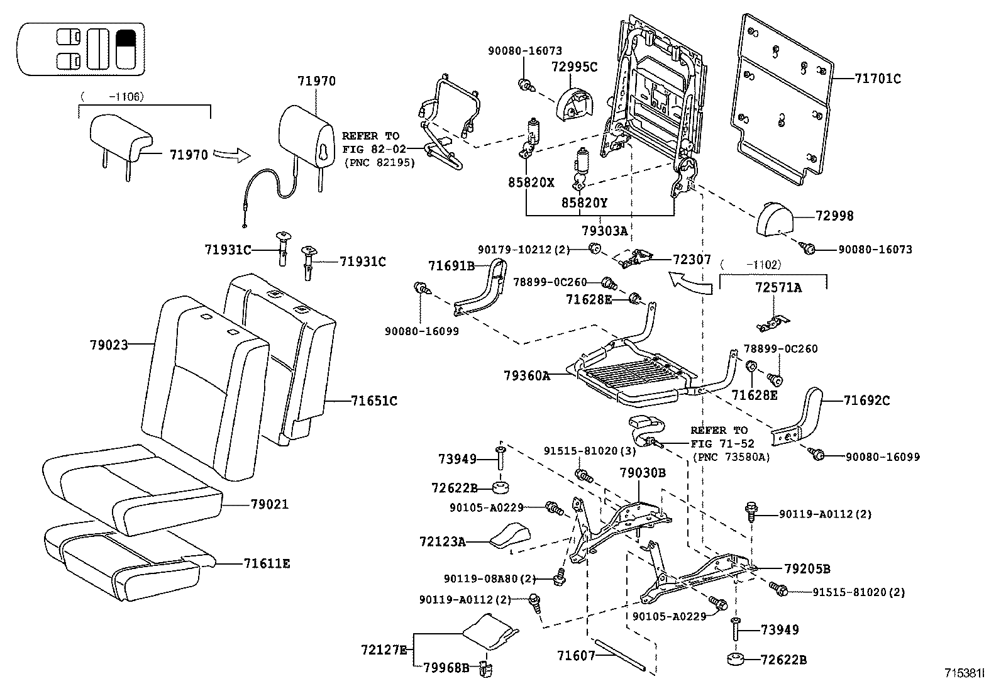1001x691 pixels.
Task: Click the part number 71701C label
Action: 878,79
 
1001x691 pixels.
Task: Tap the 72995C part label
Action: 574,66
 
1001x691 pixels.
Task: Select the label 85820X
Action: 531,183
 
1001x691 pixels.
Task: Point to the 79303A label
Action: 604,231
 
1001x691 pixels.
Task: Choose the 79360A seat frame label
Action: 526,375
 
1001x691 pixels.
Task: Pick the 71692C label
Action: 866,400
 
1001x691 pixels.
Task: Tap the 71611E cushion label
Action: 267,563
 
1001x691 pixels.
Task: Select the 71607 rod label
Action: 575,656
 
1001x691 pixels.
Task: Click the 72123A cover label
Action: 442,541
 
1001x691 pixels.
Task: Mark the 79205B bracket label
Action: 807,569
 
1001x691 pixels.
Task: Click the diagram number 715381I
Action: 964,673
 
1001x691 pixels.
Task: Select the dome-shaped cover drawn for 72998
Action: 774,218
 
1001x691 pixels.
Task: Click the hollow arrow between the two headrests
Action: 231,154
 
